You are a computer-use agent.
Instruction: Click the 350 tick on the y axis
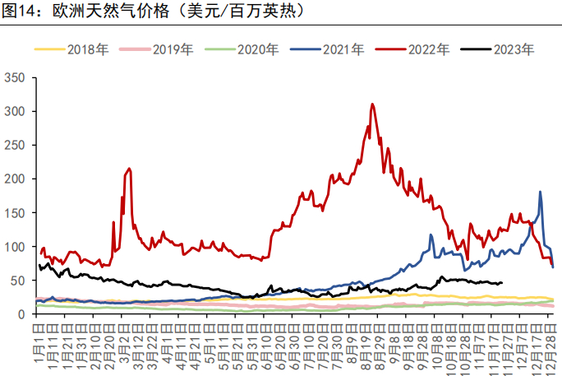(16, 77)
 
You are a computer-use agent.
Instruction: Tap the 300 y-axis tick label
(16, 111)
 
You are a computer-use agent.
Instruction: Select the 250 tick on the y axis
(16, 145)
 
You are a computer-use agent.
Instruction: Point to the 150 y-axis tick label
(16, 212)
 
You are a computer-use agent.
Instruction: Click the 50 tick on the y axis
(20, 280)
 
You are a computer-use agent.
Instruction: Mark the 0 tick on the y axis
(23, 313)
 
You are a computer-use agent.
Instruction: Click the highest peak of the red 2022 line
(372, 104)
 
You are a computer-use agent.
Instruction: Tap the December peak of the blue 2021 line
(540, 192)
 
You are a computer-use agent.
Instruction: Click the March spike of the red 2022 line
(129, 169)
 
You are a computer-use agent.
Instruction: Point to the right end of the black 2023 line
(501, 282)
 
